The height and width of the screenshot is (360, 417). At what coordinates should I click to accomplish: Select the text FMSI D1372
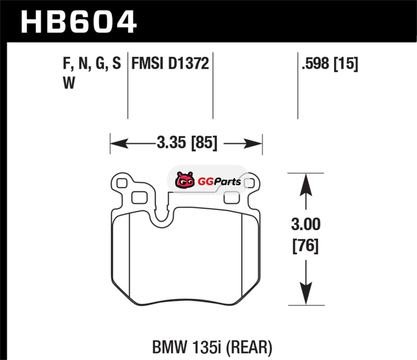(x=170, y=64)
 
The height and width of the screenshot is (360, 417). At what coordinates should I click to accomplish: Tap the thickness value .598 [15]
(x=330, y=64)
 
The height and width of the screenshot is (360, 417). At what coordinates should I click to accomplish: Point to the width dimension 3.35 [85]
(x=187, y=143)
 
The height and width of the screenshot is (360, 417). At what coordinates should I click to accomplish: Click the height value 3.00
(x=306, y=225)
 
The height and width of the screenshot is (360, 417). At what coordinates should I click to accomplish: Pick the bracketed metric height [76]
(x=305, y=246)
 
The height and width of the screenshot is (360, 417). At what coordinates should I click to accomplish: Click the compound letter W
(x=69, y=83)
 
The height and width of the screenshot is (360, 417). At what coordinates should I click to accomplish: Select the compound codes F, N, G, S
(x=92, y=64)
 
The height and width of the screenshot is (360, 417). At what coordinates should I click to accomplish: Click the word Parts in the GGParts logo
(x=227, y=182)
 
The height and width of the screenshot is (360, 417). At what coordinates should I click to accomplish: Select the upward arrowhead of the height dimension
(x=306, y=185)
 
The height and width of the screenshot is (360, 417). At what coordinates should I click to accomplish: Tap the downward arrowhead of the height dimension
(x=306, y=293)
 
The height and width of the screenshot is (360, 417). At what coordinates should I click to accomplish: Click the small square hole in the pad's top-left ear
(x=122, y=183)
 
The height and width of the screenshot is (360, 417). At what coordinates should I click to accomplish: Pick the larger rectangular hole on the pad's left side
(x=139, y=198)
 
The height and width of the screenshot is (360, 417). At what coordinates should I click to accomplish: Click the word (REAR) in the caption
(x=249, y=347)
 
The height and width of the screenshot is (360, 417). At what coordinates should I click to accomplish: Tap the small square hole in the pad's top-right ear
(x=250, y=183)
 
